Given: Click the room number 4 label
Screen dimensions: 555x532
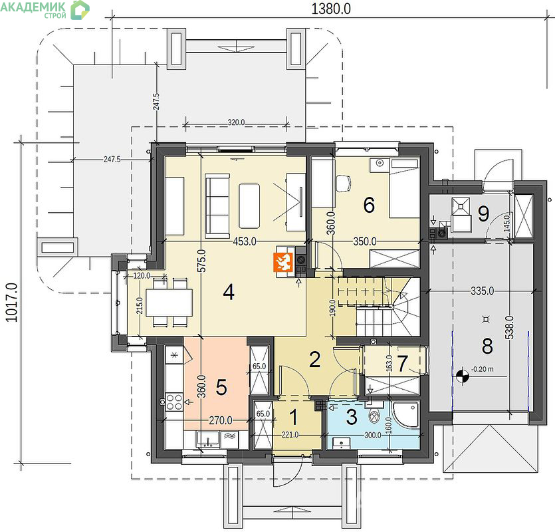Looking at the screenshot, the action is pos(229,293).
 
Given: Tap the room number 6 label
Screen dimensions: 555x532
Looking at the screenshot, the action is pos(369,205).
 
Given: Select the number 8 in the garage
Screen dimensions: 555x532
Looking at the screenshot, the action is pos(487,346).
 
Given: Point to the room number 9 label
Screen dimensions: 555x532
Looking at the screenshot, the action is pos(483,213).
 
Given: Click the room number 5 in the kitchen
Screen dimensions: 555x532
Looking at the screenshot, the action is pos(221,387).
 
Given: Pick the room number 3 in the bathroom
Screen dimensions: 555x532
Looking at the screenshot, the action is pos(352,417).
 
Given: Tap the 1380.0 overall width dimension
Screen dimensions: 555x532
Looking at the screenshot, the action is pos(331,9).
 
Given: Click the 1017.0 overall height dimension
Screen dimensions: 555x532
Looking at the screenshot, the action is pos(11,302).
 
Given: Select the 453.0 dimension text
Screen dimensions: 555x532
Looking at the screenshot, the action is pos(245,241).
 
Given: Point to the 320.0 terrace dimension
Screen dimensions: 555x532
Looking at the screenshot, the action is pos(236,122).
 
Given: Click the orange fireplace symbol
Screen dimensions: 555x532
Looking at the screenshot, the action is pos(283,263).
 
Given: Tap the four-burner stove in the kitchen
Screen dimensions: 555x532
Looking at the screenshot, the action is pos(174,402).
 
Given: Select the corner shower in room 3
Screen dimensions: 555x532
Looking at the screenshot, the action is pos(406,413).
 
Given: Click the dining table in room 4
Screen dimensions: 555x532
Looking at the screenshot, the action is pos(169,303).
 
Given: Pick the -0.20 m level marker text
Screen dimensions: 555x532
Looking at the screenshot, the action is pos(483,368).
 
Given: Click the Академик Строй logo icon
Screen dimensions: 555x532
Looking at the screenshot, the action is pos(80,10).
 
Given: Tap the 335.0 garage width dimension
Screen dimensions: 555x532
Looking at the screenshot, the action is pos(482,291).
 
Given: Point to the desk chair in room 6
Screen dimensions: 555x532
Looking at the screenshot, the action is pos(343,184).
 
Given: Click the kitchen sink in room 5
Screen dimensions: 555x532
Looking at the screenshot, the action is pos(208,440).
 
